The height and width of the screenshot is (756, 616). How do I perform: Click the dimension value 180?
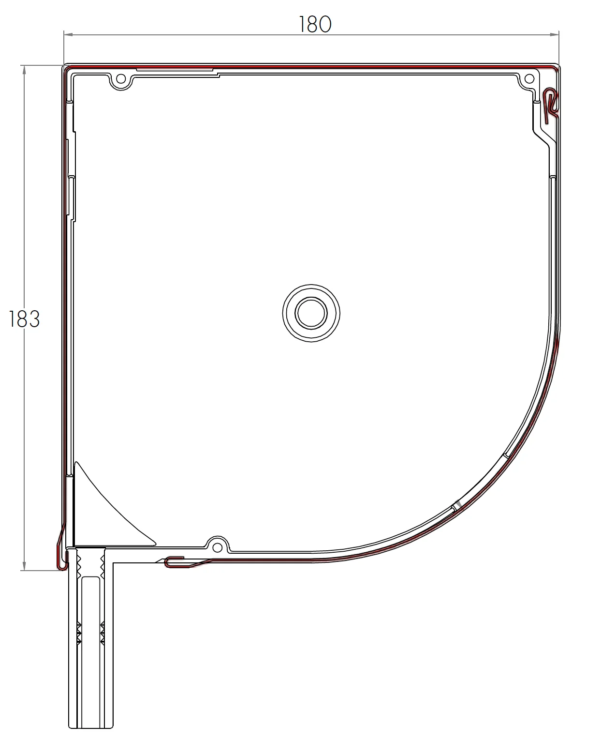[315, 25]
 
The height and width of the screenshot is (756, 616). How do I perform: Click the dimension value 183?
[24, 319]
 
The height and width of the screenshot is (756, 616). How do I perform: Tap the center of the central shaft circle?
[311, 313]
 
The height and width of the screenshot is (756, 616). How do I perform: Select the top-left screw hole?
[121, 79]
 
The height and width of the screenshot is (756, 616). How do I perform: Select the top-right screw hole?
[529, 79]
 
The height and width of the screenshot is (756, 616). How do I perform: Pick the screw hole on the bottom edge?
[218, 547]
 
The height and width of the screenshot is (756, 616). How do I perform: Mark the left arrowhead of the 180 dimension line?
[68, 34]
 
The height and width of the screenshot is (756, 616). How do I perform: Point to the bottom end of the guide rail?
[91, 727]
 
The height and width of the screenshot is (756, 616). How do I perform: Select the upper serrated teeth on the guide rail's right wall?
[103, 564]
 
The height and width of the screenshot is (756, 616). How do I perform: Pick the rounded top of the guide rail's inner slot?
[90, 579]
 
